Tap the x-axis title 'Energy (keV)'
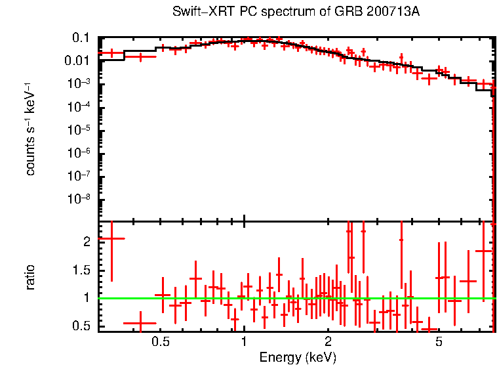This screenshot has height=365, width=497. coord(298,357)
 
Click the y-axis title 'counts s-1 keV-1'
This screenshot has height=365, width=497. coord(30,129)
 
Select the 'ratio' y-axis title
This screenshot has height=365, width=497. coord(30,277)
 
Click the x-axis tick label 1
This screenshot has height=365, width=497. coord(244,342)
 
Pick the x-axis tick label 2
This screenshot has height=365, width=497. coord(328,342)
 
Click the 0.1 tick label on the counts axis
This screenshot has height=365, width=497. coord(80,38)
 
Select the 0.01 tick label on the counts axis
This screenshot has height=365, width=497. coord(77,61)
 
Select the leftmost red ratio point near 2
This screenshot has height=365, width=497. coord(111,239)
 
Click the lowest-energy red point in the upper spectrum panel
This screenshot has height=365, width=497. coord(111,53)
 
